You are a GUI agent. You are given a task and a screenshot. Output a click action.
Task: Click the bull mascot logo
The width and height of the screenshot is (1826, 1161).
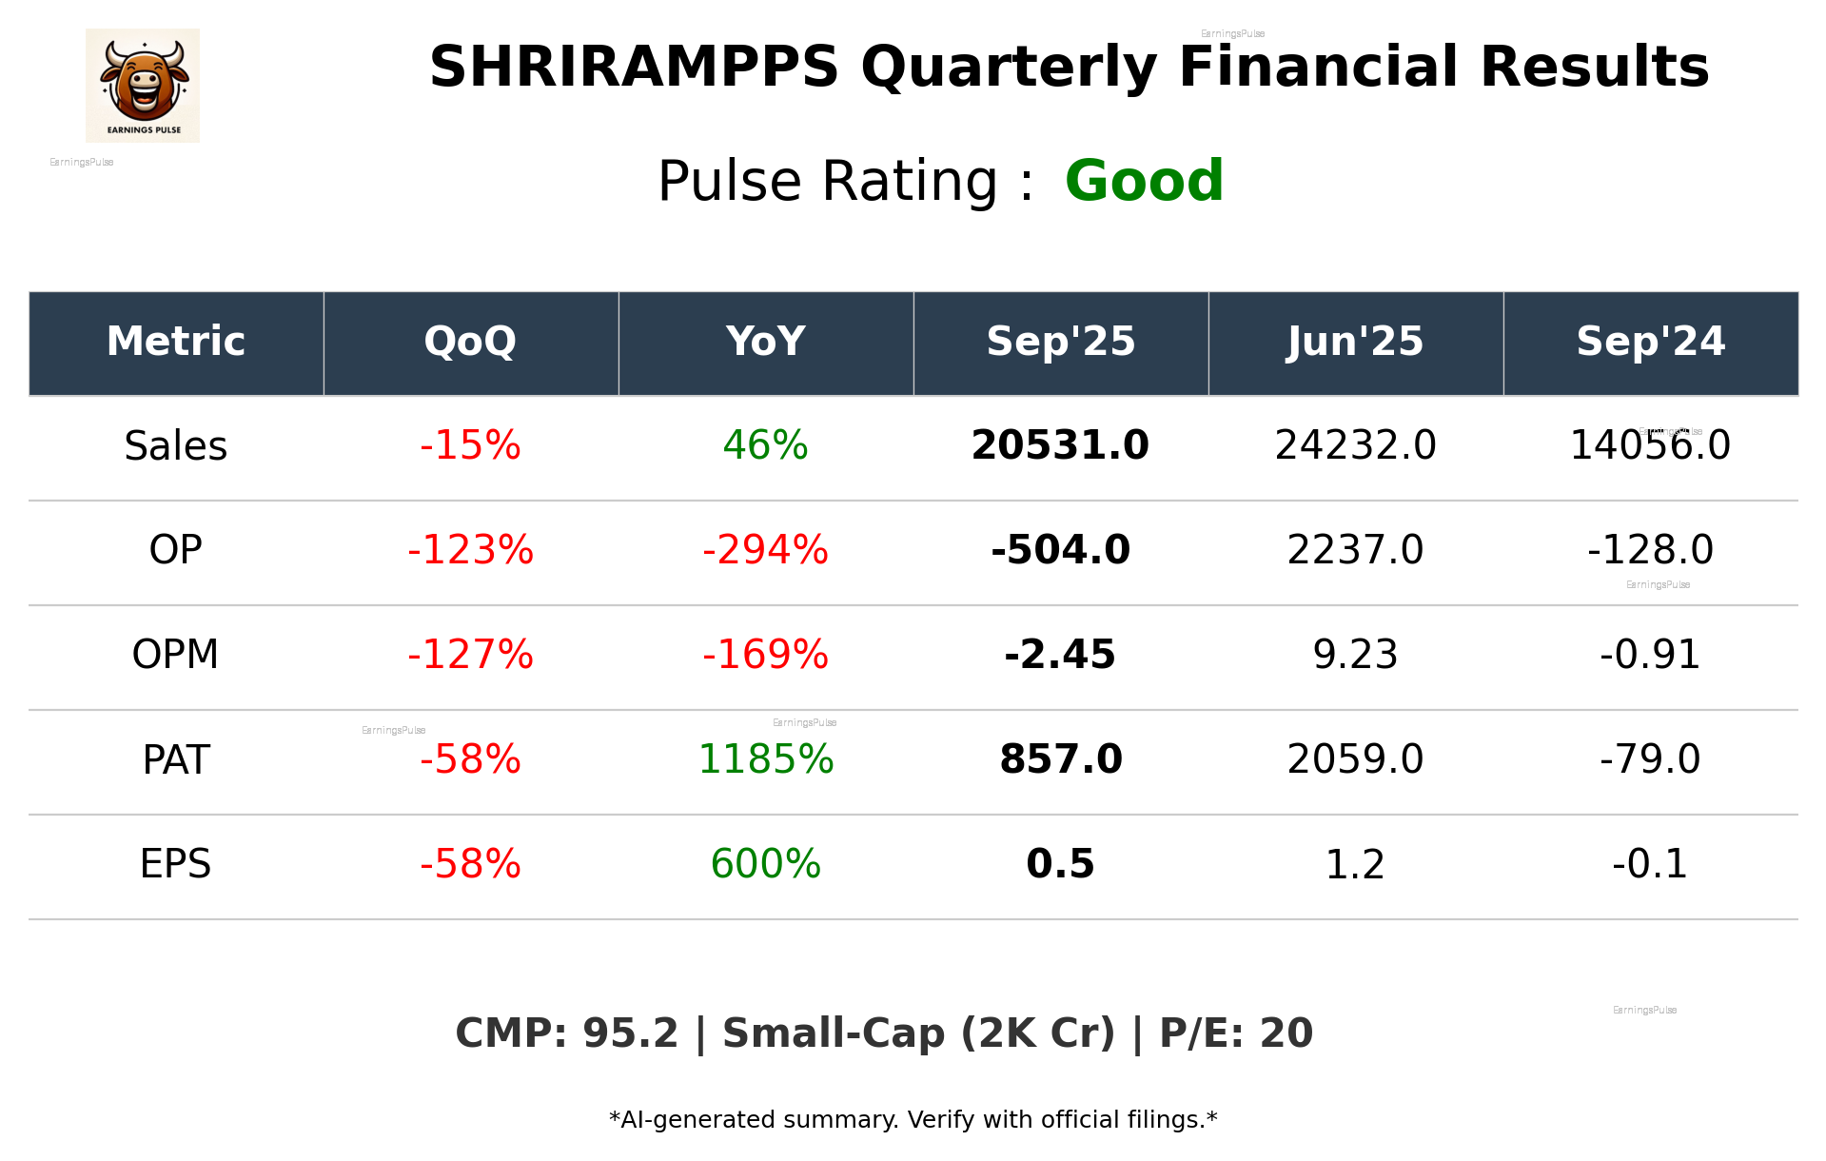[x=143, y=85]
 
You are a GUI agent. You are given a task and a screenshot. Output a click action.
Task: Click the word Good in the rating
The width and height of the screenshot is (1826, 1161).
[x=1144, y=181]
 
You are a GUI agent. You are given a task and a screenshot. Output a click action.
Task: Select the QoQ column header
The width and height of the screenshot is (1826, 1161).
[x=470, y=342]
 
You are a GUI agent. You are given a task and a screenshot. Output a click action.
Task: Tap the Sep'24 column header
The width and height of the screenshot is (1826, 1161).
[x=1650, y=342]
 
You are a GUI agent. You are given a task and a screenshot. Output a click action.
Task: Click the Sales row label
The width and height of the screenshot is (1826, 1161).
[x=176, y=446]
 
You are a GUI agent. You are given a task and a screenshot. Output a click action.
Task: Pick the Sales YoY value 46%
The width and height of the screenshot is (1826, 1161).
[x=765, y=445]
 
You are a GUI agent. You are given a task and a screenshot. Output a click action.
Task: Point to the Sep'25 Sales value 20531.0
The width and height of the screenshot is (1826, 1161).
[x=1060, y=445]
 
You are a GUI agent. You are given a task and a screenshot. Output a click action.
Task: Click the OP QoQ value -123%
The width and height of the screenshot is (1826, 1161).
[x=470, y=550]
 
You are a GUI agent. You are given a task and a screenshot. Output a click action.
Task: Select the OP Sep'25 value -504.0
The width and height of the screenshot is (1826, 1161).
[x=1060, y=550]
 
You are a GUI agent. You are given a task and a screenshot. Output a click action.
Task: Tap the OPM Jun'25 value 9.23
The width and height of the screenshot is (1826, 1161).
[x=1355, y=655]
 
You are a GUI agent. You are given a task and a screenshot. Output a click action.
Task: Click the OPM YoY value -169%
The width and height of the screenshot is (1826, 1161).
[x=765, y=655]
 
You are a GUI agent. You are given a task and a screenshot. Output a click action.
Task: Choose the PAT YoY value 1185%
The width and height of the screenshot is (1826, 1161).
[x=765, y=759]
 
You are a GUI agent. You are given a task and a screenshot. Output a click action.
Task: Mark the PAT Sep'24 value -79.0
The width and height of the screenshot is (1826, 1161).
[x=1650, y=759]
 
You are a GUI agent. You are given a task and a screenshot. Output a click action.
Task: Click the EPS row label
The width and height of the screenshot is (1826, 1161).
[x=176, y=864]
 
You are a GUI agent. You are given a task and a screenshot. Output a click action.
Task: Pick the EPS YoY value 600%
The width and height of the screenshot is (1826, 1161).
[x=765, y=864]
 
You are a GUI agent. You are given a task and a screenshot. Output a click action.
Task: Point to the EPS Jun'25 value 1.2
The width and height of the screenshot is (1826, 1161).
[x=1355, y=864]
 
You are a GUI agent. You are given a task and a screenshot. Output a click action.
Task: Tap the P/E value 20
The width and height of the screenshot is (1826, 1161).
[x=1286, y=1033]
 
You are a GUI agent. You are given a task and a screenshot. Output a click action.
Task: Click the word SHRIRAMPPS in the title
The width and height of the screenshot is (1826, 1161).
[x=634, y=68]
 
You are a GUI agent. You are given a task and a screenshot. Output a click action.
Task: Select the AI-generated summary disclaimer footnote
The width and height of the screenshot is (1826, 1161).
[x=913, y=1120]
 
